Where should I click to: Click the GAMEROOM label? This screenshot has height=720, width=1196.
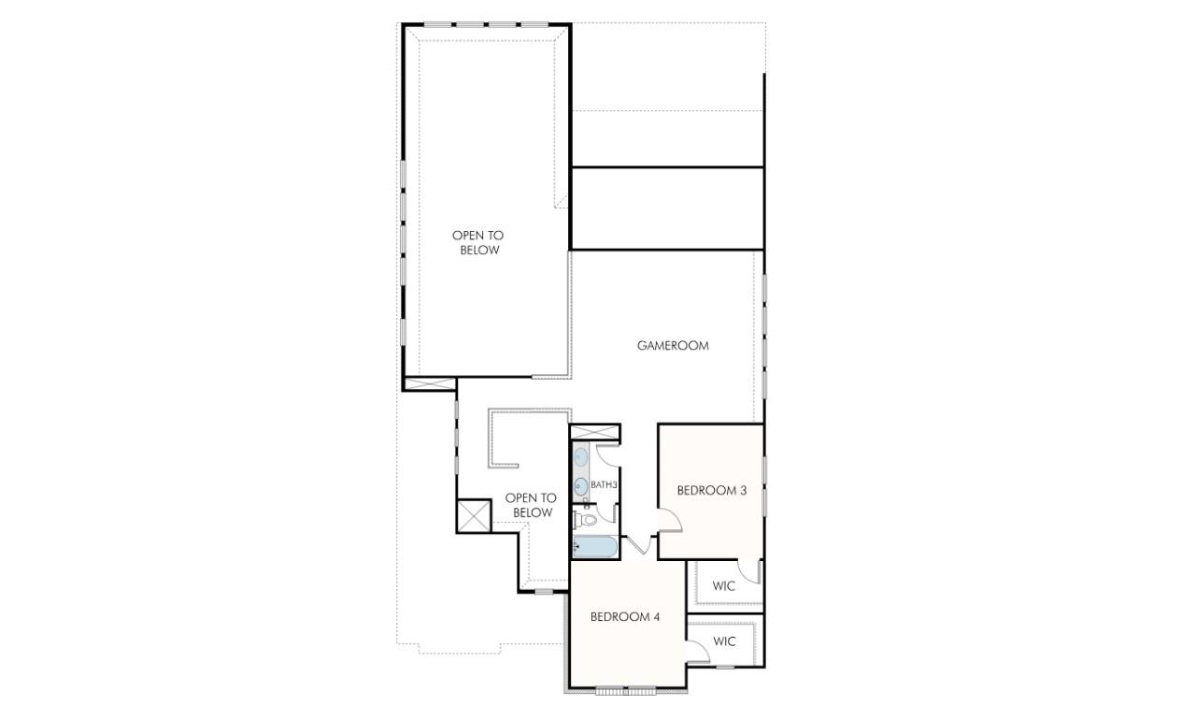673,345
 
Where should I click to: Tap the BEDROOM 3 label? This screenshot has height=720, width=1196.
711,490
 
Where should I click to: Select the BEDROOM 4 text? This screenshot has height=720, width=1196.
625,616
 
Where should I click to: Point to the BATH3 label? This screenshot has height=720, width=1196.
605,484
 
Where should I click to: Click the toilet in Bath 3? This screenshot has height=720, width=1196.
586,520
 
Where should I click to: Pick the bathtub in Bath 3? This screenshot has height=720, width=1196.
594,547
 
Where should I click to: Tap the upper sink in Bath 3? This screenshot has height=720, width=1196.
581,457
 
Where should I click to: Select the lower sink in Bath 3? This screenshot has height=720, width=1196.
581,485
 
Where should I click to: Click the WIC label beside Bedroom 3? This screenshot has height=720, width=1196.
724,586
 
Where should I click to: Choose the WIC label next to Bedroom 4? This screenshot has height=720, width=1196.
725,641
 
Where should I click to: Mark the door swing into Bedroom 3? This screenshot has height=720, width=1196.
669,520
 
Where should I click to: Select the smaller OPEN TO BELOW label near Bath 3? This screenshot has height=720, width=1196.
531,505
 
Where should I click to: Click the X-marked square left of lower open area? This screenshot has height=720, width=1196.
474,516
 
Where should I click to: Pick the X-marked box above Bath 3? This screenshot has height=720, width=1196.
595,432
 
